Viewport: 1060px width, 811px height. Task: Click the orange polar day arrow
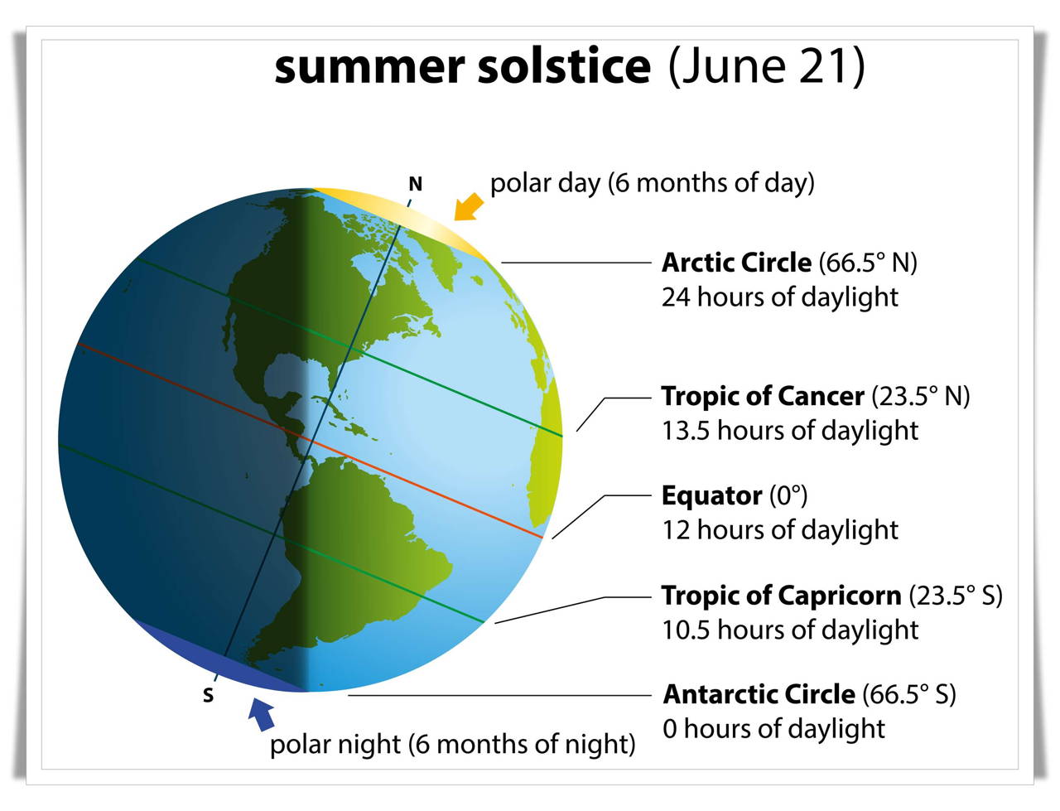(x=468, y=208)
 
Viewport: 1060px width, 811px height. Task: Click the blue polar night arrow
(x=262, y=713)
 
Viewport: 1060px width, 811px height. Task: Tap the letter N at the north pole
(x=416, y=184)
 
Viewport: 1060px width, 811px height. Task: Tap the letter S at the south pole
(x=208, y=696)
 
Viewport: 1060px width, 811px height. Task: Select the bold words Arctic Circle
(x=736, y=263)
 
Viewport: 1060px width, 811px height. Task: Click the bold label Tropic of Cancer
(x=763, y=396)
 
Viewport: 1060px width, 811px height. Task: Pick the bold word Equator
(x=711, y=495)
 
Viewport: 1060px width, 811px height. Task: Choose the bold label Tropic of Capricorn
(x=782, y=595)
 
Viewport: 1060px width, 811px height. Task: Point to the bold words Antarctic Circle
(x=759, y=694)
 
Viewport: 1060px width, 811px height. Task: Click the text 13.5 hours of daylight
(x=789, y=431)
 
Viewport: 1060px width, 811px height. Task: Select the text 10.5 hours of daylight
(x=789, y=630)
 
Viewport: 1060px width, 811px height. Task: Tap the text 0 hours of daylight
(x=773, y=728)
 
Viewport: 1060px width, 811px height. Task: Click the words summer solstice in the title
(x=462, y=66)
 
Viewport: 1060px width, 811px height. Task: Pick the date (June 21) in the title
(x=766, y=66)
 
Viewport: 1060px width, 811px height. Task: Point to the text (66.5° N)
(x=867, y=263)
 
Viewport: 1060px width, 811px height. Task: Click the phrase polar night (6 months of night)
(x=452, y=745)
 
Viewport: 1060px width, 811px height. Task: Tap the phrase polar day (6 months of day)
(x=653, y=183)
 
